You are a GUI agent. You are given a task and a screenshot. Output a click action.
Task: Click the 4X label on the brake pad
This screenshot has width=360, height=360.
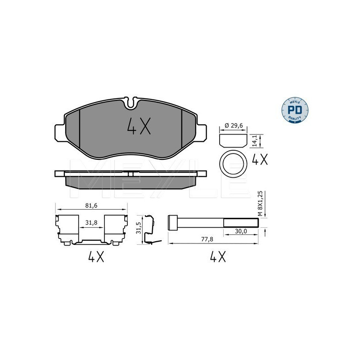(x=139, y=126)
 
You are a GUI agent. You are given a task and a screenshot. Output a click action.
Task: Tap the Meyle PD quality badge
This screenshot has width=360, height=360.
(x=295, y=110)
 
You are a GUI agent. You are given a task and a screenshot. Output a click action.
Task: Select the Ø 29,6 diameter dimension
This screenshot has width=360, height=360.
(x=234, y=126)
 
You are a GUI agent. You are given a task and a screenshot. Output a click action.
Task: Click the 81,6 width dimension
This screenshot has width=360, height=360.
(x=91, y=206)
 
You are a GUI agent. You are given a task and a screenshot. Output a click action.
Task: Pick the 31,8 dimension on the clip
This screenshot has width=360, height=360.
(x=91, y=222)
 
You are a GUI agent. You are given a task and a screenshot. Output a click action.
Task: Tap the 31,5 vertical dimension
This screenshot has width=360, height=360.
(x=138, y=228)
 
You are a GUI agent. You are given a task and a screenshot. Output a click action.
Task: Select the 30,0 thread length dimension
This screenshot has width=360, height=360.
(x=241, y=231)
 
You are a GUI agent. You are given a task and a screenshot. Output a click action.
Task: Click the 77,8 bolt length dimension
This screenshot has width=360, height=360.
(x=207, y=239)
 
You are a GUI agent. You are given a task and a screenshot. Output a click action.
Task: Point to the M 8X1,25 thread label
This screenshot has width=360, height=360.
(x=260, y=204)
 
